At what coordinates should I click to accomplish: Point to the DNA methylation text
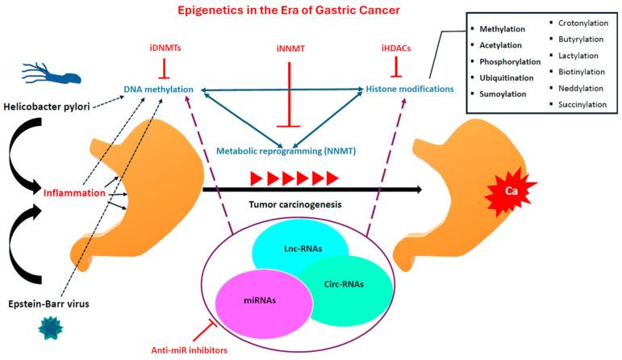161,86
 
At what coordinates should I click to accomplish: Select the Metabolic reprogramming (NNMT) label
286,150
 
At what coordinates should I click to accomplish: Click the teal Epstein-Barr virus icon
48,329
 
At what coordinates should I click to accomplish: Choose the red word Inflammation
74,193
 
